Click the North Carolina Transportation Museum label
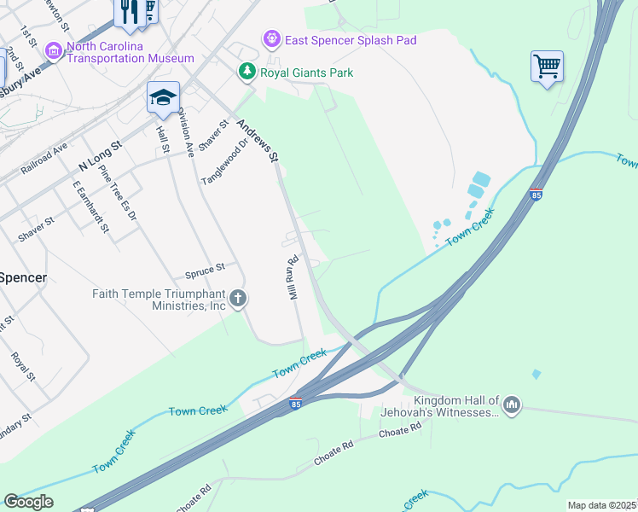130,52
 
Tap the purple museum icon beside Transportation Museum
55,52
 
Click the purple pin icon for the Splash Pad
272,38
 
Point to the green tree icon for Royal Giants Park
246,72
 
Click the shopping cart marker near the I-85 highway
546,66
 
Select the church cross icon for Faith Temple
238,299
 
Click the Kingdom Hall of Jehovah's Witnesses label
455,406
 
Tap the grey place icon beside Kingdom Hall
512,404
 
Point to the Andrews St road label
258,140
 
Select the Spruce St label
205,271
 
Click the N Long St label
101,154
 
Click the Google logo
28,502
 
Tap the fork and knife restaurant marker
128,11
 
